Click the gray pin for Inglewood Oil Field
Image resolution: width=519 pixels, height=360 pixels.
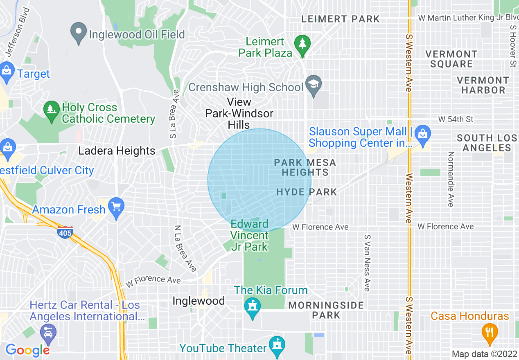click(77, 33)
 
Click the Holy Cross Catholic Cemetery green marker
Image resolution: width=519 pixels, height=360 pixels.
click(52, 111)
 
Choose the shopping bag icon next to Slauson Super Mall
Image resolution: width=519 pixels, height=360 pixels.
click(422, 133)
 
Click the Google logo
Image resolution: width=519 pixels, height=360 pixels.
click(27, 350)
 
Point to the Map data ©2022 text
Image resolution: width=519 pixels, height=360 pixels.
click(484, 354)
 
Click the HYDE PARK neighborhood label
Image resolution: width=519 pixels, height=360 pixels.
click(307, 192)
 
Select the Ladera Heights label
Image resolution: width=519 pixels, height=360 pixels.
click(117, 151)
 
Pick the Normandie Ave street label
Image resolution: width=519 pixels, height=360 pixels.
click(451, 179)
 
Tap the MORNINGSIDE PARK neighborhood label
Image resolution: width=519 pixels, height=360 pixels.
click(326, 310)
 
